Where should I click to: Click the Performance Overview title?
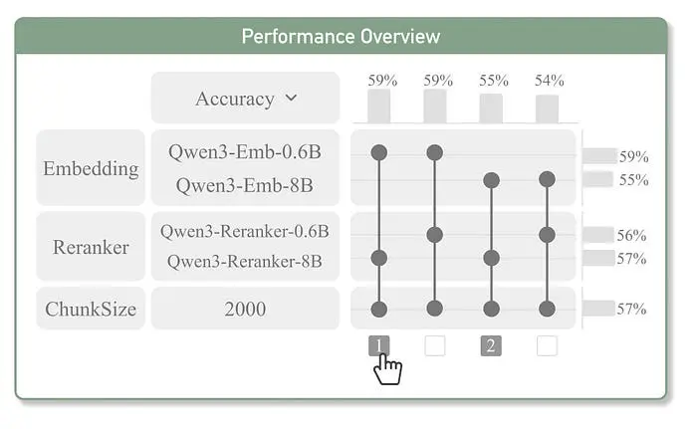point(341,37)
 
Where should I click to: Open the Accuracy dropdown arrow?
point(291,98)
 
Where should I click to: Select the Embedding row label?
point(91,169)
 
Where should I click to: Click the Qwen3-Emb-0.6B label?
point(245,152)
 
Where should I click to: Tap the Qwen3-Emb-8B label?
point(245,185)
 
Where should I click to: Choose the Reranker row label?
point(91,247)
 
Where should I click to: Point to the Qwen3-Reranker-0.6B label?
point(245,231)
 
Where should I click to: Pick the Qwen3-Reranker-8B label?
point(245,261)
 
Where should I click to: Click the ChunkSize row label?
point(91,309)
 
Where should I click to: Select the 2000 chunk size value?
point(245,309)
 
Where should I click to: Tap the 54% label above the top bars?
point(550,81)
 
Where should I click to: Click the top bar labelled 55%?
point(491,108)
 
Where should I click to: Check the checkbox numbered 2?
point(491,345)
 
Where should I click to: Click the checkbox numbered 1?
point(378,345)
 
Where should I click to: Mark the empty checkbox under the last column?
point(547,345)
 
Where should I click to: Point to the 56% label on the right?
point(631,235)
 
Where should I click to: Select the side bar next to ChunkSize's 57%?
point(598,309)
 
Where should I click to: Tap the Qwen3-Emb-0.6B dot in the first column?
point(378,152)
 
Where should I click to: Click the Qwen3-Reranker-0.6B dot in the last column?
point(547,235)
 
